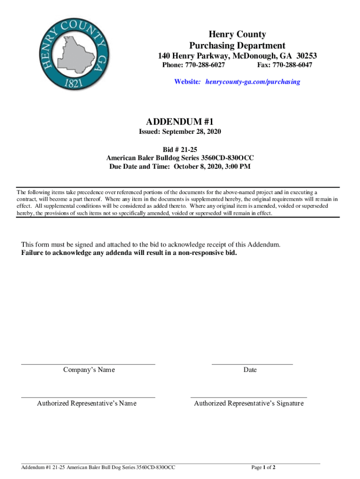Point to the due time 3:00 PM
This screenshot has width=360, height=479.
pyautogui.click(x=236, y=167)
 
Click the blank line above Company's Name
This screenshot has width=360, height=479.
pyautogui.click(x=88, y=364)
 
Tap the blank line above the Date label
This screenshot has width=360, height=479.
pyautogui.click(x=252, y=364)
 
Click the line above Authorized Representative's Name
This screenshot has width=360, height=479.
pyautogui.click(x=88, y=398)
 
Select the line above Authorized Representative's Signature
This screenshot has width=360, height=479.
pyautogui.click(x=249, y=398)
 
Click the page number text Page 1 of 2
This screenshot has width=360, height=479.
pyautogui.click(x=263, y=467)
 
